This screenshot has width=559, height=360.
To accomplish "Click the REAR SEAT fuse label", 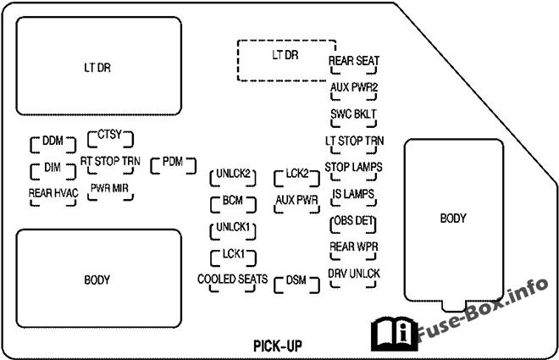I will (x=353, y=61).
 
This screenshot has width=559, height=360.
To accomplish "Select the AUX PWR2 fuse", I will (x=353, y=87).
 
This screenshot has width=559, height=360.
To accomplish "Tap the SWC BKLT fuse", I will (x=353, y=114).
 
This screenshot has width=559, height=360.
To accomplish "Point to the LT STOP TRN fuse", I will (x=353, y=140).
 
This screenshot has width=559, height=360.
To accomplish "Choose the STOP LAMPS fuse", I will (x=353, y=167).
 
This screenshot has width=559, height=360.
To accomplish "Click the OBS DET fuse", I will (x=353, y=223).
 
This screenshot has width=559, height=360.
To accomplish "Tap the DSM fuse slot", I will (x=296, y=280).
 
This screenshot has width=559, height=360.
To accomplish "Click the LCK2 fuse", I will (x=296, y=174).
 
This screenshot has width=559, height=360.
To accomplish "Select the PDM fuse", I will (x=172, y=161).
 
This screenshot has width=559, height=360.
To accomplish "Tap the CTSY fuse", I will (x=110, y=136).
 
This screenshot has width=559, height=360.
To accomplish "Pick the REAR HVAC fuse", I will (x=53, y=193).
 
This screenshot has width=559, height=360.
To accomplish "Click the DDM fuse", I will (x=53, y=141).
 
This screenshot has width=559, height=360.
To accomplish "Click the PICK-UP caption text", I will (x=277, y=345).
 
